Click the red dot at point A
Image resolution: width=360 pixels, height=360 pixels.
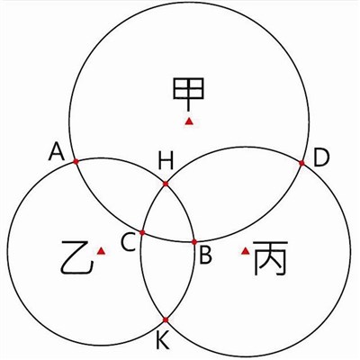click(76, 162)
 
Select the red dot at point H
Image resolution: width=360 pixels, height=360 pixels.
click(166, 184)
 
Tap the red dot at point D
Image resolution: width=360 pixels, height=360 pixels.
click(301, 163)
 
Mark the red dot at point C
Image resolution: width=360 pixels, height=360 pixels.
click(142, 232)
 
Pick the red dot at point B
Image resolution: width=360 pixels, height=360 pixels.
click(194, 242)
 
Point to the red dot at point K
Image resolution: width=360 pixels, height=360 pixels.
click(166, 320)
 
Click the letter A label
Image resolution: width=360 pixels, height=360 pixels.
click(57, 151)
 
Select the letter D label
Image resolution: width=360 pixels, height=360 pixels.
click(321, 157)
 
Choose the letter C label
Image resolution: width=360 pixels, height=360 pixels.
click(129, 242)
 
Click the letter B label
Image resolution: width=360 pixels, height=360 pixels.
click(205, 255)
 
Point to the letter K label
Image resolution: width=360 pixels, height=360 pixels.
click(163, 340)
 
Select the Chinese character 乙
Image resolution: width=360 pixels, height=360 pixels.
click(77, 257)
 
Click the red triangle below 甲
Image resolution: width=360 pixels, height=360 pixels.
click(189, 121)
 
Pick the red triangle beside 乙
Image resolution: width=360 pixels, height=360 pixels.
click(101, 251)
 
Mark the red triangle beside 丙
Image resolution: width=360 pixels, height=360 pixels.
click(246, 251)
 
